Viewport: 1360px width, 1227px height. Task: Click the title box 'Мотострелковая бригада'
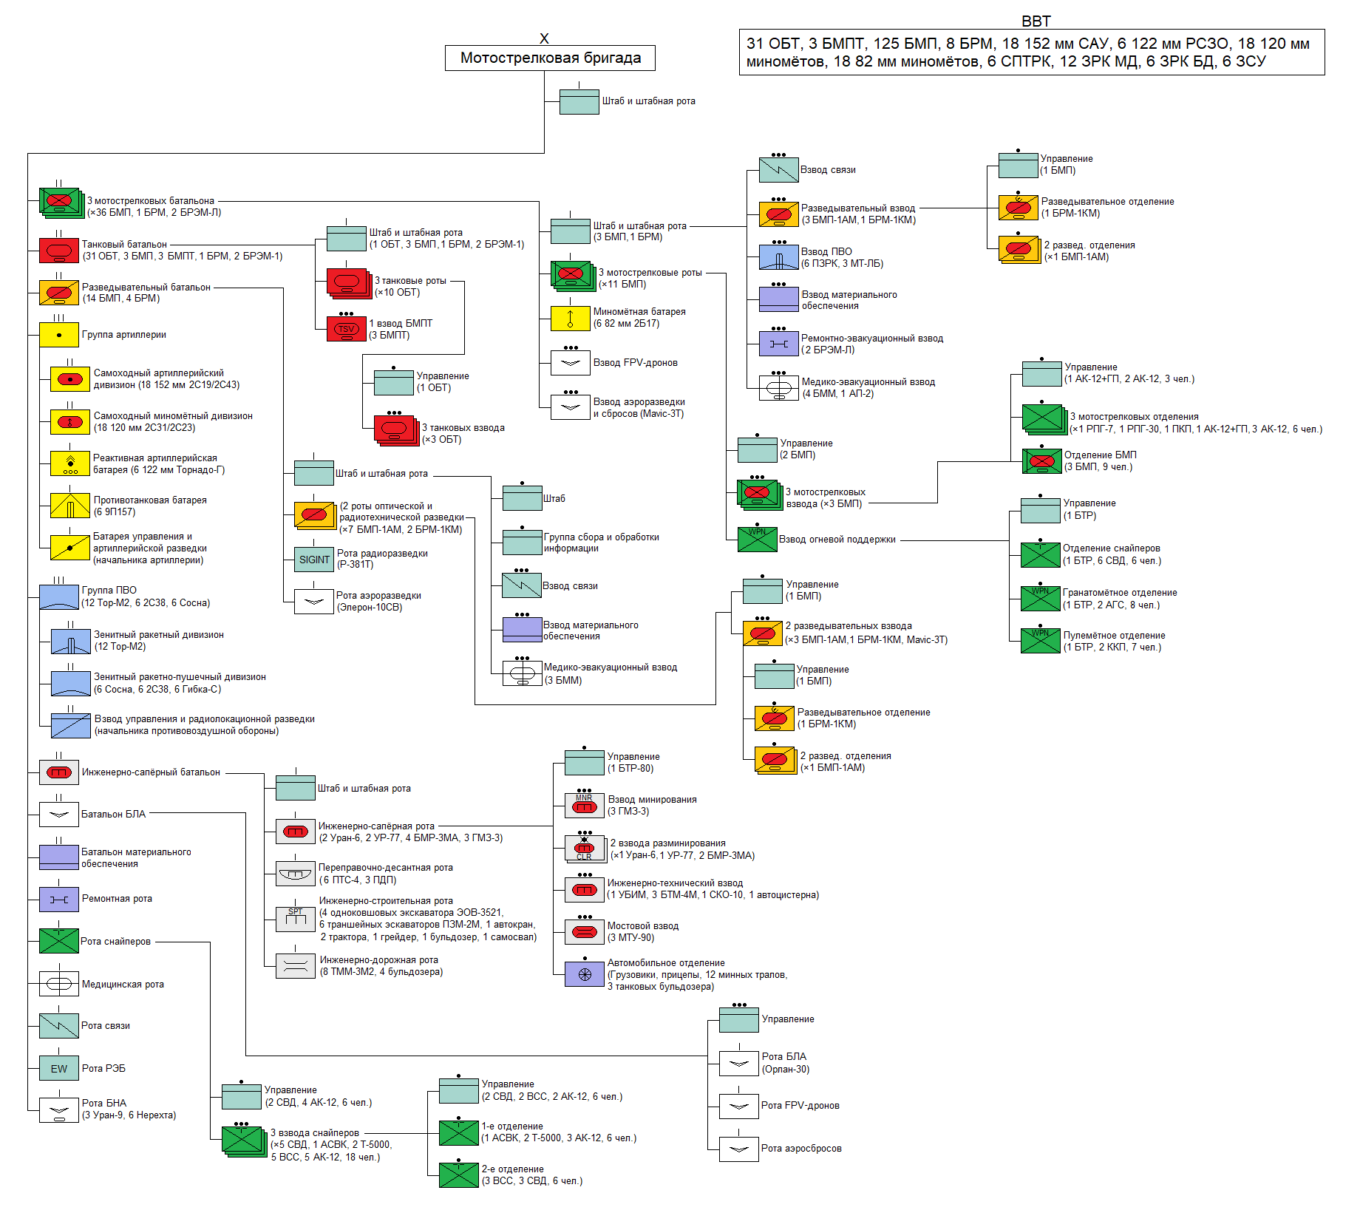pyautogui.click(x=550, y=58)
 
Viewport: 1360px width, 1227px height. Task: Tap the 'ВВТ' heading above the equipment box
pyautogui.click(x=1036, y=21)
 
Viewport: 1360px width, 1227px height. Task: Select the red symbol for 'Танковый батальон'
pyautogui.click(x=59, y=251)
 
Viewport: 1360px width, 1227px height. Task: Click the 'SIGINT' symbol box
pyautogui.click(x=314, y=560)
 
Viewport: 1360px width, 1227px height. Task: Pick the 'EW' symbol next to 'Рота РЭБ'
pyautogui.click(x=59, y=1068)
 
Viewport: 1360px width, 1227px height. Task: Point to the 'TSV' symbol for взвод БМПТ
pyautogui.click(x=346, y=329)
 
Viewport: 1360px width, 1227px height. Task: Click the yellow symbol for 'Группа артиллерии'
pyautogui.click(x=59, y=335)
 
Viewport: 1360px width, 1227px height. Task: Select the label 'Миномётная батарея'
pyautogui.click(x=639, y=312)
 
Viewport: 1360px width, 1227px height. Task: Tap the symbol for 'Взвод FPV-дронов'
pyautogui.click(x=571, y=362)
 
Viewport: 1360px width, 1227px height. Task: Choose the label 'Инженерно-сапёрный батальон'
pyautogui.click(x=151, y=772)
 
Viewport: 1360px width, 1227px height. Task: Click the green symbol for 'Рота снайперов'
pyautogui.click(x=59, y=941)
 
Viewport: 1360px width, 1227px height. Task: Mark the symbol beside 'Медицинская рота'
pyautogui.click(x=59, y=984)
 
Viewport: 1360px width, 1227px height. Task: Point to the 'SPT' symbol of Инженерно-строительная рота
pyautogui.click(x=296, y=919)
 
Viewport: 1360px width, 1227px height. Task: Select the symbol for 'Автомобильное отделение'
pyautogui.click(x=584, y=974)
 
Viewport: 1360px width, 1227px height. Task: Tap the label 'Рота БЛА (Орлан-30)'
pyautogui.click(x=785, y=1063)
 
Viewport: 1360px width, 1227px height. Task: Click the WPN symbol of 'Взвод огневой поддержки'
pyautogui.click(x=757, y=540)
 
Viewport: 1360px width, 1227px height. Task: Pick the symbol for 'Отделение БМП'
pyautogui.click(x=1041, y=461)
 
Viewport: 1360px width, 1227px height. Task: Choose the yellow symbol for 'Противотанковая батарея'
pyautogui.click(x=70, y=506)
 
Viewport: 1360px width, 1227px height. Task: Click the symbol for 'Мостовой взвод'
pyautogui.click(x=584, y=931)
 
